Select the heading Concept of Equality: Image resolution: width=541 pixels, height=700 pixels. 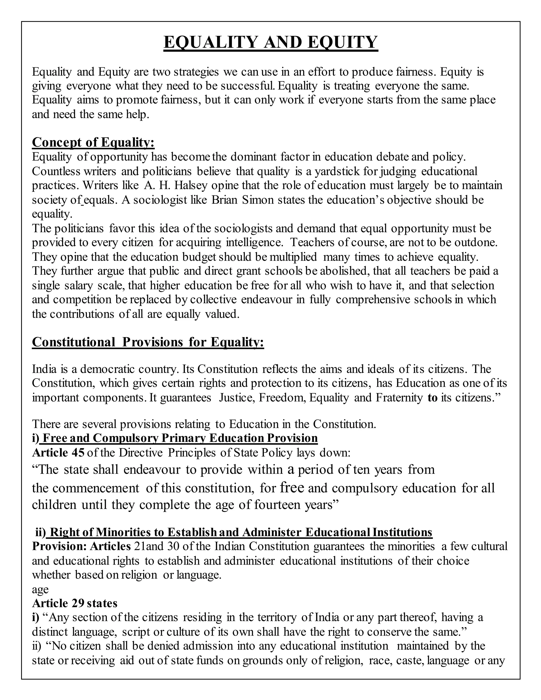point(93,142)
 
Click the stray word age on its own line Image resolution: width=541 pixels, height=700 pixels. point(40,589)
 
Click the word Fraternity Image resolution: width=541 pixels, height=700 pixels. point(399,398)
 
